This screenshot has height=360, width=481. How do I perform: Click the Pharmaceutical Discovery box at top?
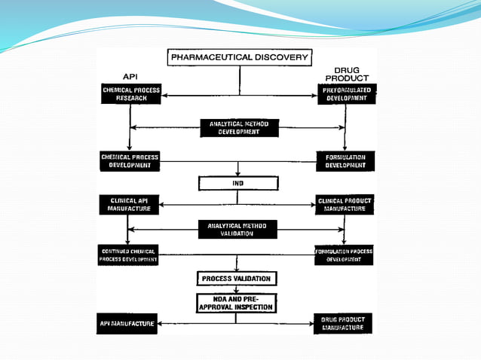click(x=240, y=57)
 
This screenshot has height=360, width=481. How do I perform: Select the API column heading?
click(x=130, y=77)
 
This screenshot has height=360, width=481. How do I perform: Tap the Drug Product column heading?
click(x=346, y=75)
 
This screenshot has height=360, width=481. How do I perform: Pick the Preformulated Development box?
click(x=346, y=94)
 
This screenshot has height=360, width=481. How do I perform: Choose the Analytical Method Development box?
click(x=238, y=127)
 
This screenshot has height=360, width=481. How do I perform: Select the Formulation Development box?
click(x=345, y=161)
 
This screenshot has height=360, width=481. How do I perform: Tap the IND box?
click(x=238, y=183)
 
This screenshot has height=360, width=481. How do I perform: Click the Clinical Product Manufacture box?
click(x=345, y=205)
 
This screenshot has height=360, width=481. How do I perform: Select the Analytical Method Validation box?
click(x=237, y=229)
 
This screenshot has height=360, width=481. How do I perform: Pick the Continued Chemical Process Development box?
click(x=128, y=255)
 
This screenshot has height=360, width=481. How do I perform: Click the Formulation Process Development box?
click(x=345, y=255)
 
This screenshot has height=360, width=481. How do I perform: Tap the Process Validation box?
click(x=237, y=279)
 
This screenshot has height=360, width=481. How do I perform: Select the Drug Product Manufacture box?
click(x=344, y=324)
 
